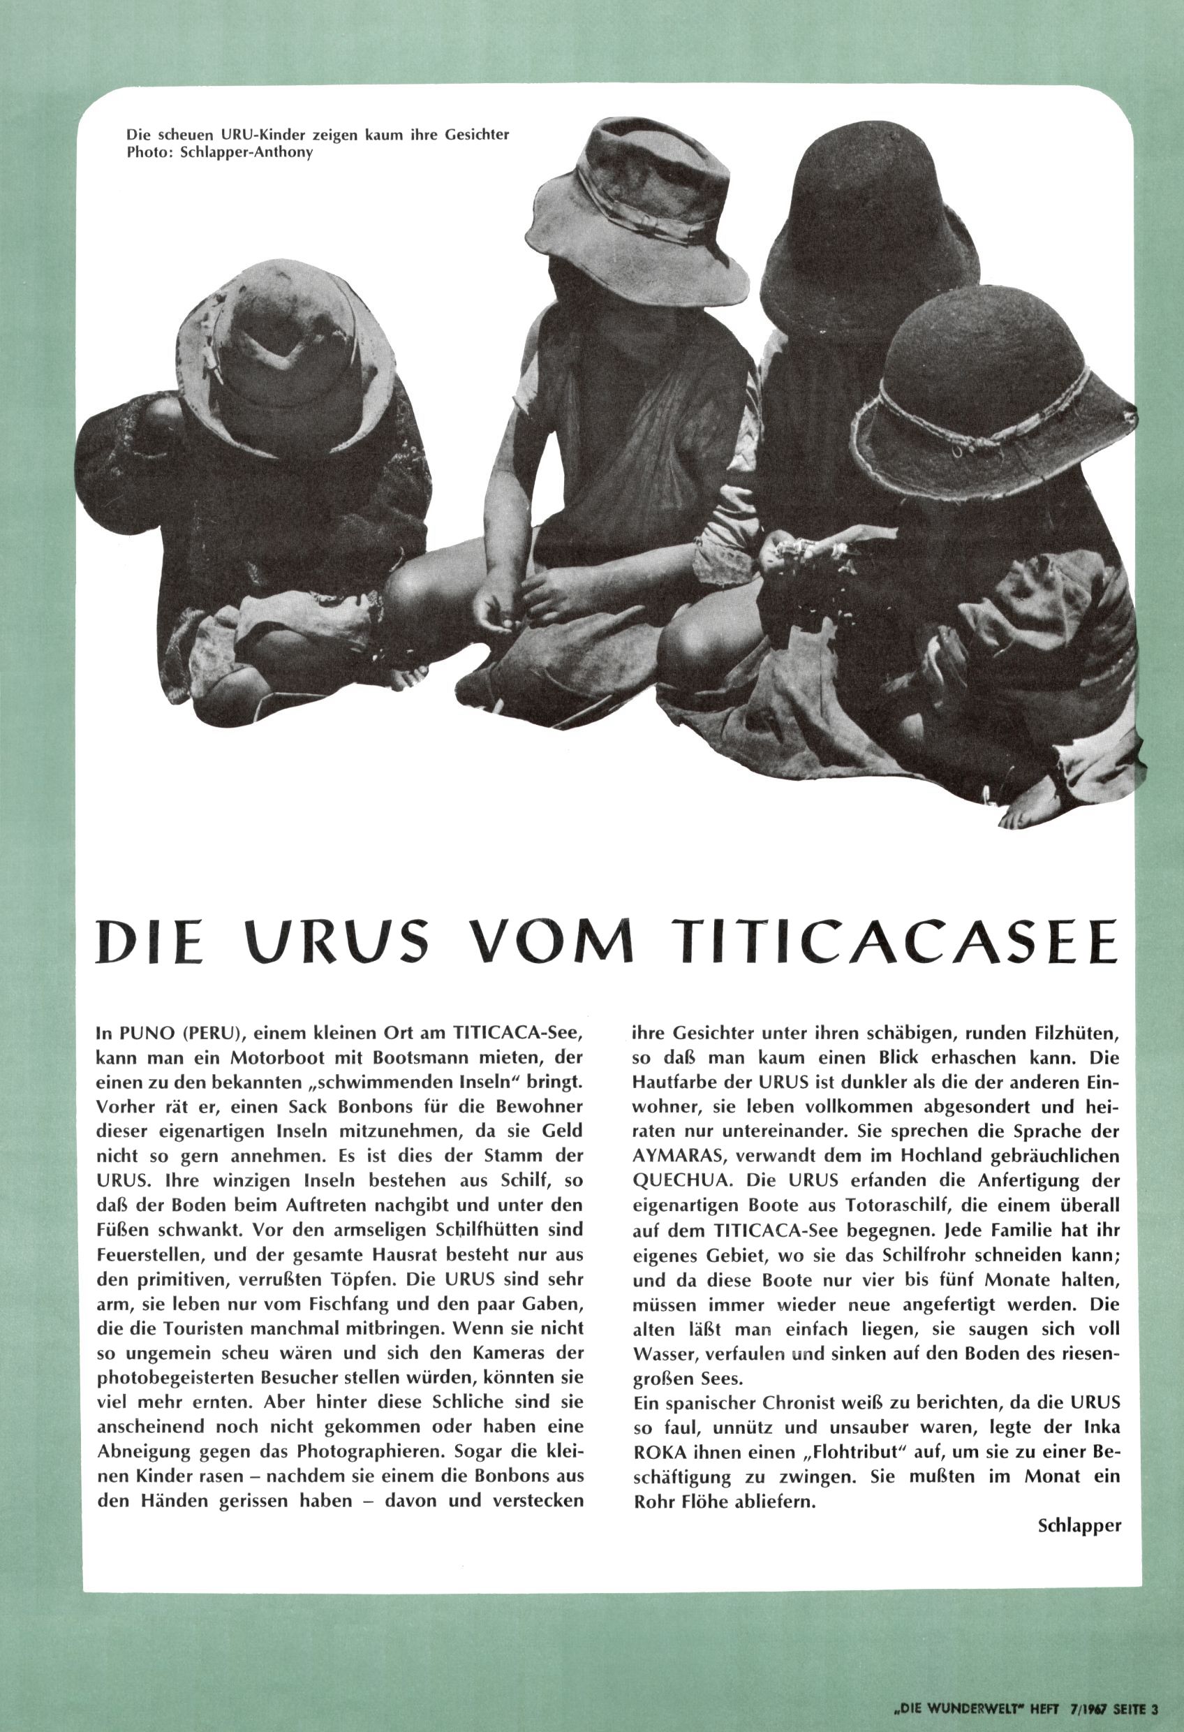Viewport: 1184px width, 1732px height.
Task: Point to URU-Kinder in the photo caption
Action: click(252, 135)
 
